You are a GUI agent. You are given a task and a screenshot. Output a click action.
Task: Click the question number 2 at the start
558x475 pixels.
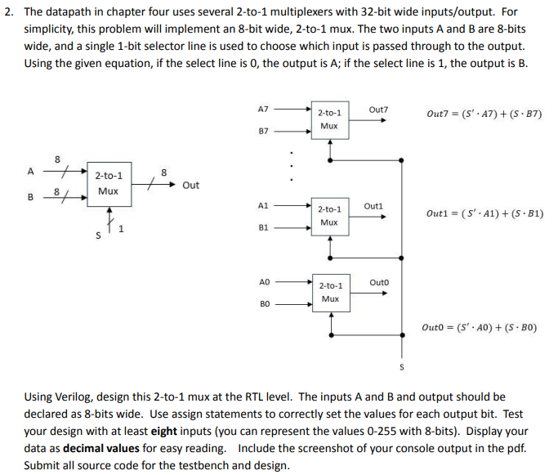click(x=7, y=14)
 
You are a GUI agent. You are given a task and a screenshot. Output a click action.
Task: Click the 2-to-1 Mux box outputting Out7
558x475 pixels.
click(x=329, y=119)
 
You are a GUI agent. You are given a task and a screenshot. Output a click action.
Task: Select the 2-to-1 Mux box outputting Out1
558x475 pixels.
click(x=329, y=216)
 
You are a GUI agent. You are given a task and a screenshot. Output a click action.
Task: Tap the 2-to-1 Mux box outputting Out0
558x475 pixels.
click(x=329, y=293)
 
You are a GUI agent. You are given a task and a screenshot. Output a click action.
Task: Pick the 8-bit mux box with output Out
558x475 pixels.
click(x=109, y=184)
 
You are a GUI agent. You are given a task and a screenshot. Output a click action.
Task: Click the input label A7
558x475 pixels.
click(x=262, y=108)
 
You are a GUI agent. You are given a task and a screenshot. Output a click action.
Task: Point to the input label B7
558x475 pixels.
click(x=262, y=131)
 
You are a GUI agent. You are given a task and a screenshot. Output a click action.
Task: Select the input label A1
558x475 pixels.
click(x=262, y=204)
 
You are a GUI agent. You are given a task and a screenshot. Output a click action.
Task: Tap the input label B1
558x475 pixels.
click(x=262, y=230)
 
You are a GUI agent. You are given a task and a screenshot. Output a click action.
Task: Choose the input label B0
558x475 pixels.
click(x=262, y=305)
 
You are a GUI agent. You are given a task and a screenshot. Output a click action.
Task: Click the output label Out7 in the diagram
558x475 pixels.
click(x=378, y=110)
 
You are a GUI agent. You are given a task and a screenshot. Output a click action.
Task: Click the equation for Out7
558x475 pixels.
click(x=484, y=114)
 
